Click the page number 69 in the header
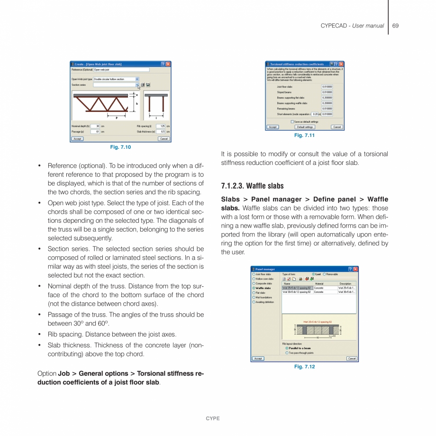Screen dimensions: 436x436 coord(395,26)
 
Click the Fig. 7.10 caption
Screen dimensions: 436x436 coord(120,147)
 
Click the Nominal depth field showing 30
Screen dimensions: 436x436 coord(96,126)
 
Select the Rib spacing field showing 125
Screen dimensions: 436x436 coord(161,126)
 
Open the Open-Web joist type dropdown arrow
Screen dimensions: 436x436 coord(137,79)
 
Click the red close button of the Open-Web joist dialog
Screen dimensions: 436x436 coord(168,64)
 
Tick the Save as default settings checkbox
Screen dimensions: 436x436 coord(292,122)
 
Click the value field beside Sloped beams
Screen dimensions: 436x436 coord(327,92)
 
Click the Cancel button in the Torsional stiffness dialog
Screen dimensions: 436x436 coord(336,127)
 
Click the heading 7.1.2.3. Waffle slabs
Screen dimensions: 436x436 coord(252,186)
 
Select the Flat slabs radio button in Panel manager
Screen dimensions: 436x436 coord(254,292)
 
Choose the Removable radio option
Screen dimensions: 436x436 coord(325,274)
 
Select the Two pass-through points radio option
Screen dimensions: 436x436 coord(287,353)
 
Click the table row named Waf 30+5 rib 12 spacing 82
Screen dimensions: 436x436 coord(297,292)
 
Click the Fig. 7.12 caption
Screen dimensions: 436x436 coord(304,367)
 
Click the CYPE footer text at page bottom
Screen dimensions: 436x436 coord(213,418)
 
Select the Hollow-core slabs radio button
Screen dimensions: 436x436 coord(254,279)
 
